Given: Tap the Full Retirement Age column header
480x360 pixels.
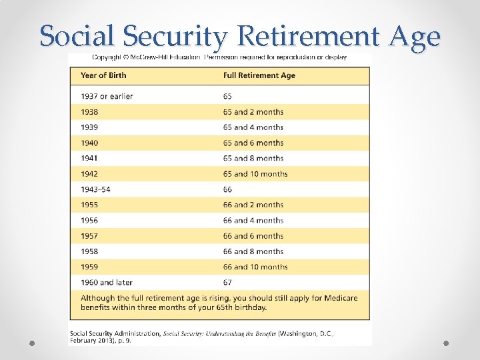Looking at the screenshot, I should click(x=259, y=75).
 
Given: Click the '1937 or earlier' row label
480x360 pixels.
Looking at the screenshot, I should click(x=107, y=96).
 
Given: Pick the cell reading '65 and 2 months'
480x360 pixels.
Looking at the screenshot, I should click(x=253, y=112).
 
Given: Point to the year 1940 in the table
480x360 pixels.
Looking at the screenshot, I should click(x=89, y=143).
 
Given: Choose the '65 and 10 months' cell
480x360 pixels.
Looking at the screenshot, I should click(x=255, y=174).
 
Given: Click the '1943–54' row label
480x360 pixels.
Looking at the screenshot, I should click(x=95, y=189).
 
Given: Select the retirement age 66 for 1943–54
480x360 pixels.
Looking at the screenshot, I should click(x=228, y=189).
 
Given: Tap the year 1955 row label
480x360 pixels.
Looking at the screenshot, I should click(x=89, y=205).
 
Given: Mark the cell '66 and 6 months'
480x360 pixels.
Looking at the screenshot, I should click(x=253, y=236).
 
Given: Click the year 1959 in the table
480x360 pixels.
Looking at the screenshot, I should click(x=89, y=267).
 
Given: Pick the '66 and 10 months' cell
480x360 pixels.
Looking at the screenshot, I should click(x=255, y=267).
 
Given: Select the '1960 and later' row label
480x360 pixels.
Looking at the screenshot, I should click(x=107, y=283).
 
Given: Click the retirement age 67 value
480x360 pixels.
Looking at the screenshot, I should click(x=228, y=283).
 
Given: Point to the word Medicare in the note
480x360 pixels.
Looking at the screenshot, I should click(x=341, y=297).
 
